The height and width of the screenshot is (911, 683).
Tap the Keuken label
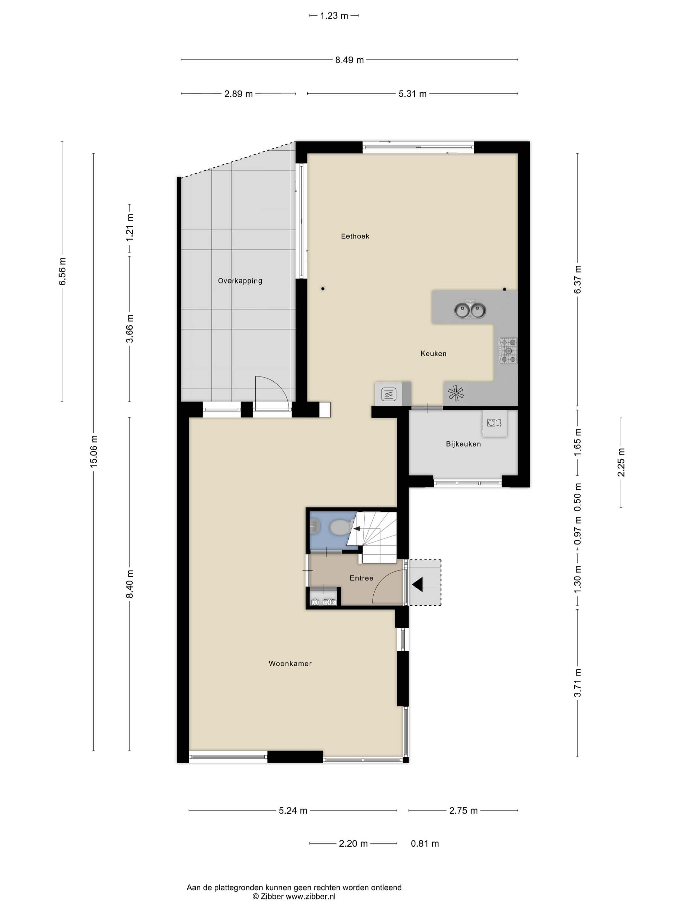[x=433, y=353]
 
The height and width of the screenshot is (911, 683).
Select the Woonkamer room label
[x=290, y=663]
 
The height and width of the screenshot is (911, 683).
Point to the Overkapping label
[x=240, y=281]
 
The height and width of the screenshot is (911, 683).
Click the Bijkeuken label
[x=463, y=444]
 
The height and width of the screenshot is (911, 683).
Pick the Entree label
[x=361, y=578]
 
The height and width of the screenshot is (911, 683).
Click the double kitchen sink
[x=470, y=310]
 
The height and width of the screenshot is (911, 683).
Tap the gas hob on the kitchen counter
[x=508, y=351]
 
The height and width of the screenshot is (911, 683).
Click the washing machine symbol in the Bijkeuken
[x=494, y=423]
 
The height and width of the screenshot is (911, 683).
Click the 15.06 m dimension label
[x=94, y=451]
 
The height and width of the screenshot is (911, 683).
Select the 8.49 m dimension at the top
[x=349, y=60]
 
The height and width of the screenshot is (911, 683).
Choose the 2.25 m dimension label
[x=621, y=462]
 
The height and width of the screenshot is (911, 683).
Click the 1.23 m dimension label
[x=334, y=16]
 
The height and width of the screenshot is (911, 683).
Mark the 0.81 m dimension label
[x=425, y=844]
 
